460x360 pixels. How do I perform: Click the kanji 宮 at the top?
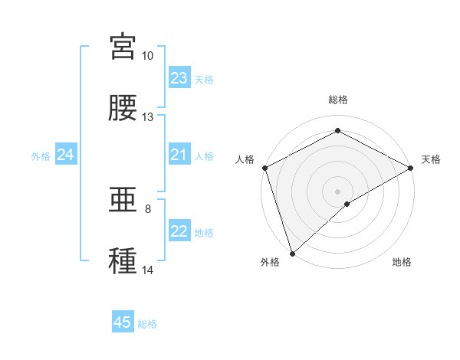[123, 47]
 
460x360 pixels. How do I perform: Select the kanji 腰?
[123, 108]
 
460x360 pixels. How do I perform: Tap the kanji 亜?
[123, 201]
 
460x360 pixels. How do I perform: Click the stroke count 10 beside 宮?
[147, 56]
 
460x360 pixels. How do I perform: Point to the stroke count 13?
[147, 117]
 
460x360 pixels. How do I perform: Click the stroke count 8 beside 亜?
[148, 209]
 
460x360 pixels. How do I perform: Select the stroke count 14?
[147, 270]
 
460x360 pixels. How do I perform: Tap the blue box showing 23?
[179, 78]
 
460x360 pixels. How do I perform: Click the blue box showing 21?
[179, 155]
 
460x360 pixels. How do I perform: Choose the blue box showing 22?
[179, 231]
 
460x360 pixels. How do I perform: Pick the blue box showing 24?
[66, 155]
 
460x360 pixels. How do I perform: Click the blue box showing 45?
[123, 322]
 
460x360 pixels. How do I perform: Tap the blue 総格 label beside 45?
[147, 324]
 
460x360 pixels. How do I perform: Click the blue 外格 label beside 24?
[41, 156]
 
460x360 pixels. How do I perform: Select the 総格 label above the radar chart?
[338, 100]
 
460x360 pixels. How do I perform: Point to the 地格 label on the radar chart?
[402, 263]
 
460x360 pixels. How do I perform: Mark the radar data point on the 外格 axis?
[292, 253]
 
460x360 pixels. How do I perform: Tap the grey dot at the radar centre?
[338, 191]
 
